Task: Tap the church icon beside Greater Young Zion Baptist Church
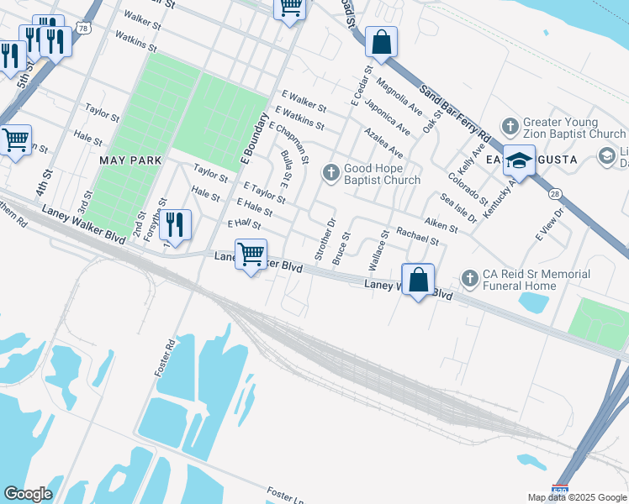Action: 510,127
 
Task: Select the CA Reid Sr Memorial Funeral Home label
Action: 535,280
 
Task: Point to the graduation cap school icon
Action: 519,160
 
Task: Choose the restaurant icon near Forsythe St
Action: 175,224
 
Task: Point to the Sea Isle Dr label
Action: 459,207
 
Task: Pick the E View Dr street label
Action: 552,225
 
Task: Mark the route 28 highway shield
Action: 556,194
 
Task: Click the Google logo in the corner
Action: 28,494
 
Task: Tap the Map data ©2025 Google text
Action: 576,497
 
